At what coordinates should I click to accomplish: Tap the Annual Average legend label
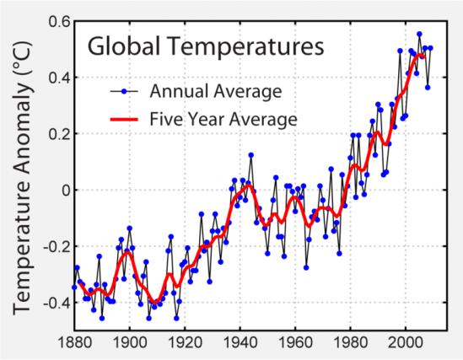[215, 90]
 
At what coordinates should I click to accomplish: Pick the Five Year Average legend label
[223, 120]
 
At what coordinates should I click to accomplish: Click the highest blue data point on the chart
[419, 35]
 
